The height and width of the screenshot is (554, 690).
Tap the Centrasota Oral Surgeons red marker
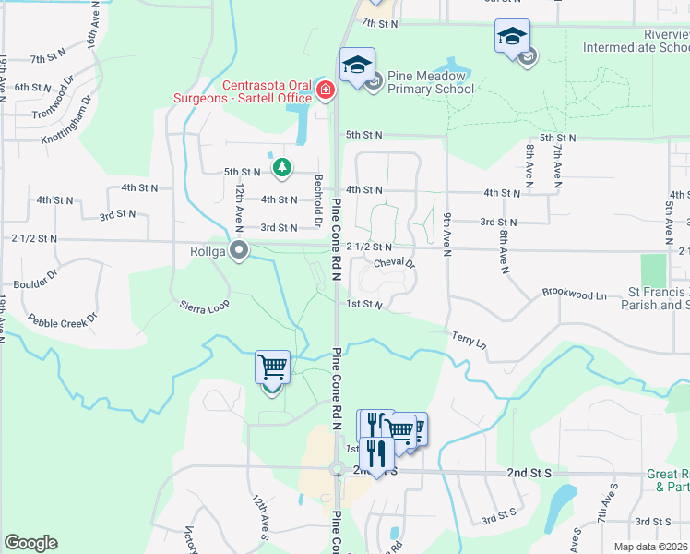coord(325,90)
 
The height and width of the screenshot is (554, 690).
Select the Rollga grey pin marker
coord(240,249)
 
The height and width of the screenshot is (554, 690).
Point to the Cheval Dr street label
coord(395,263)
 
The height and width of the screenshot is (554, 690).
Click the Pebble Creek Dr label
coord(62,321)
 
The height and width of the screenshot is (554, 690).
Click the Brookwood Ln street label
coord(575,295)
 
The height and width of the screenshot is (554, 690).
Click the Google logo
coord(30,543)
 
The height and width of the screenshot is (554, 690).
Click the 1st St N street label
coord(364,304)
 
